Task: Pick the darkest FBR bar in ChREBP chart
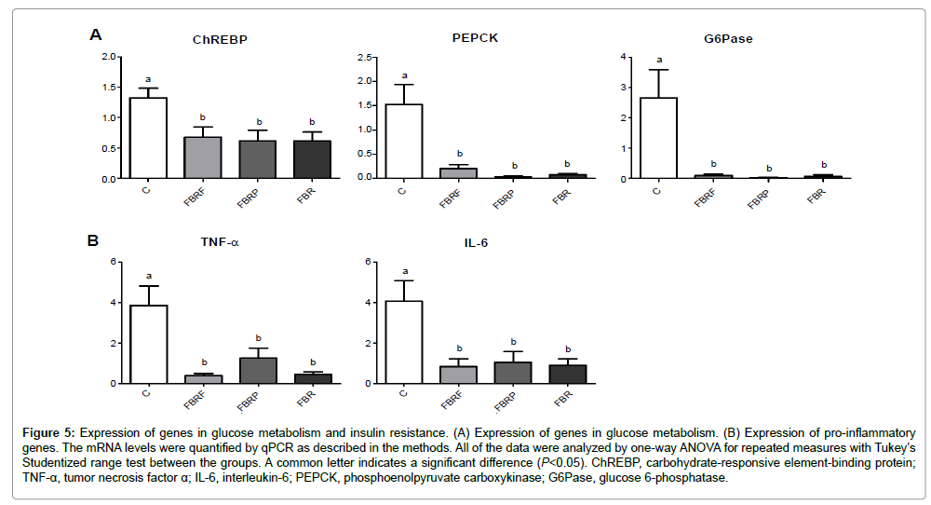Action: (x=312, y=159)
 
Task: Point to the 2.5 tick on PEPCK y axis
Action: (x=368, y=57)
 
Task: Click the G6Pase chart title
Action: (x=729, y=40)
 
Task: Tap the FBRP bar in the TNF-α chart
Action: (x=258, y=371)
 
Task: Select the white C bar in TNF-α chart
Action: (x=148, y=344)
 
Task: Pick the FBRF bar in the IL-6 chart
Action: (x=458, y=375)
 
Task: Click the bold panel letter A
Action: (x=95, y=35)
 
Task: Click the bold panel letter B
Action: (x=93, y=240)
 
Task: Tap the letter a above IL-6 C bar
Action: (x=403, y=270)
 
